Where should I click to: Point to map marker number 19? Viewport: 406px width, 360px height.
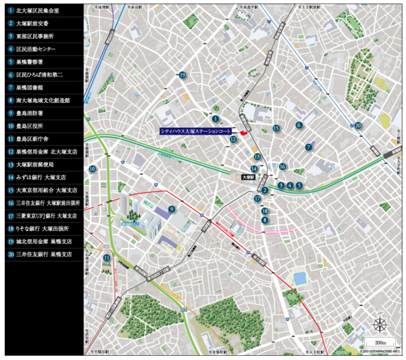(182, 75)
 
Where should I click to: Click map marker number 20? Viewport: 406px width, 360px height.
(358, 126)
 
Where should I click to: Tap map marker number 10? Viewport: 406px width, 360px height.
(92, 169)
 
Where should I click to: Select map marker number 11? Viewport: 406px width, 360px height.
(106, 258)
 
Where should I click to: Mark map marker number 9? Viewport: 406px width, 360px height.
(171, 209)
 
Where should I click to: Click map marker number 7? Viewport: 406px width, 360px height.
(309, 147)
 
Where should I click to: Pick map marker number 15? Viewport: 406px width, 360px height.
(276, 129)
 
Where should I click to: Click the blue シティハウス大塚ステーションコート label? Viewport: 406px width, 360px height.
(196, 131)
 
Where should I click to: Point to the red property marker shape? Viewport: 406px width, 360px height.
(243, 132)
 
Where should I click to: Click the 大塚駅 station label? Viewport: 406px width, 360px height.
(248, 178)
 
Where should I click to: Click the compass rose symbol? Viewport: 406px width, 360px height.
(380, 325)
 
